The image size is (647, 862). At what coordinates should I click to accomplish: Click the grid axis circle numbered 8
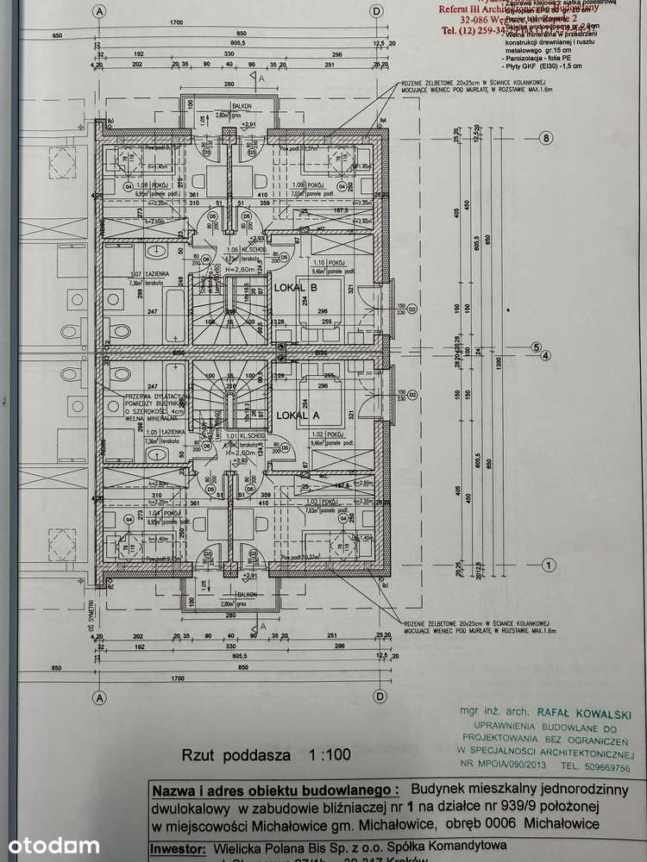click(x=545, y=138)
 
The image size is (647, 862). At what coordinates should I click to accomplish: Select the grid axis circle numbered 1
click(x=545, y=565)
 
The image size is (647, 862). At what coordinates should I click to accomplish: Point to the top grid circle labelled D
click(x=376, y=11)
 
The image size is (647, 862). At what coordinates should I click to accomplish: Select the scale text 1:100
click(x=330, y=754)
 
